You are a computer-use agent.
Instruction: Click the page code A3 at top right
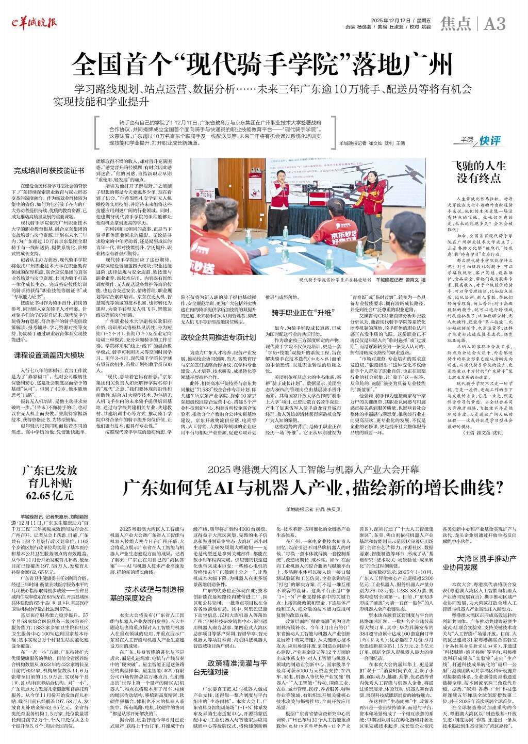point(495,23)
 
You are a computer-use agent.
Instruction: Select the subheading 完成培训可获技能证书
point(49,170)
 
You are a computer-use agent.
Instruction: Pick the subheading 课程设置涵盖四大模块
point(49,341)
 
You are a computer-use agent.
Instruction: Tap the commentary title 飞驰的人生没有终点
point(479,172)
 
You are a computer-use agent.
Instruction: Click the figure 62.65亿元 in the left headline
point(50,496)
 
